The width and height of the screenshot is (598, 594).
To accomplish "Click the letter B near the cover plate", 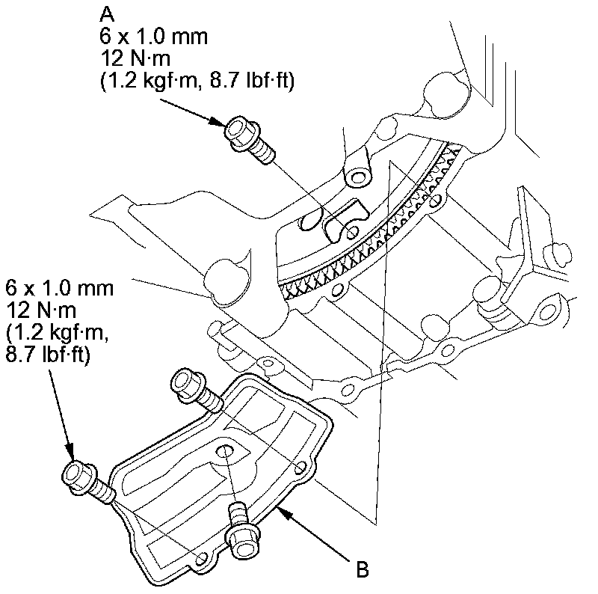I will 362,570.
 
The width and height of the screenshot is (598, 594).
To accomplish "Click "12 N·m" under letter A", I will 136,58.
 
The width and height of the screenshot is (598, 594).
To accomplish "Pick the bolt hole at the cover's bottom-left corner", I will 200,557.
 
